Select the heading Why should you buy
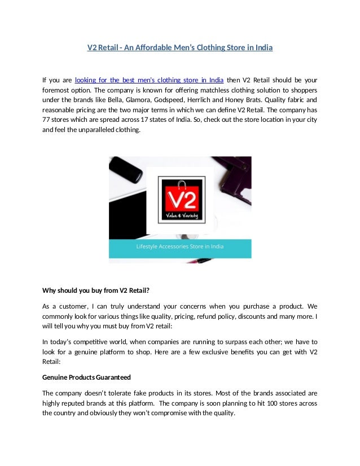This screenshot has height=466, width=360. (x=95, y=291)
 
